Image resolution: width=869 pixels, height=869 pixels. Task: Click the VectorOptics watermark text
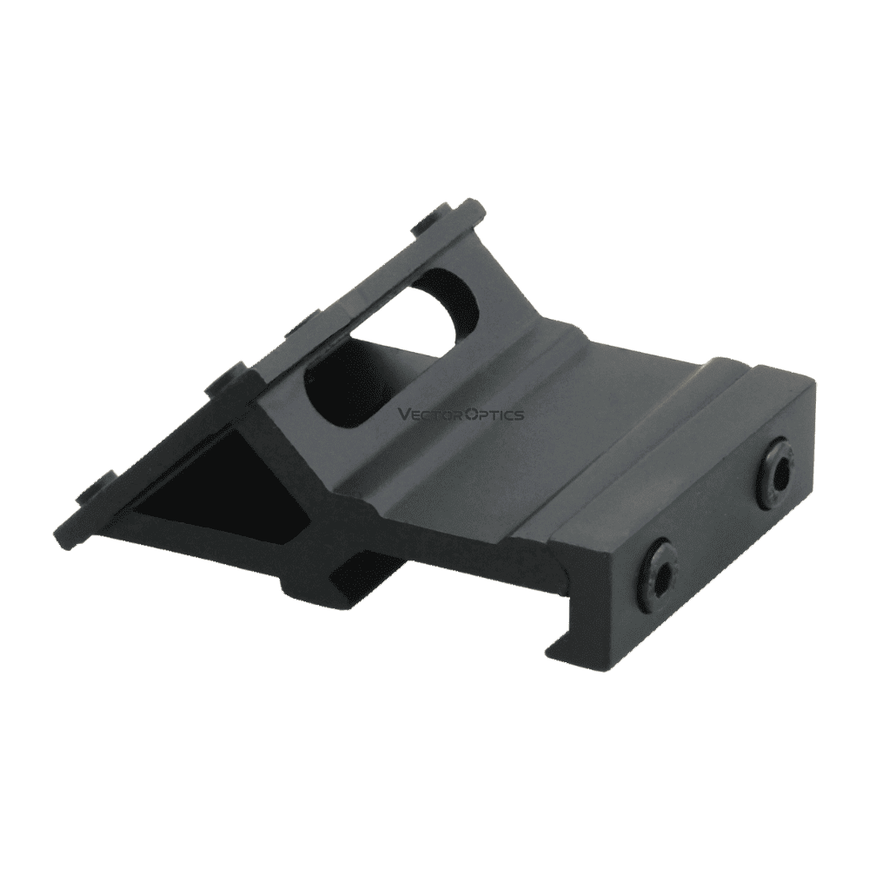[x=461, y=415]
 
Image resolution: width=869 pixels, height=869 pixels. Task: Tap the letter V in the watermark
[x=403, y=415]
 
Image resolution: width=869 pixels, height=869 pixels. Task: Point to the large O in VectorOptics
[x=468, y=415]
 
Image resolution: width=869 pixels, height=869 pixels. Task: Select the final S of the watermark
[x=519, y=415]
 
